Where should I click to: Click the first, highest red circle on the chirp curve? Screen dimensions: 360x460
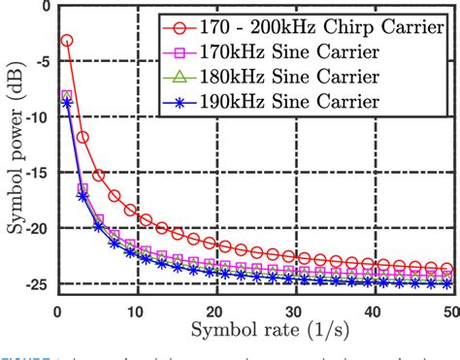(67, 41)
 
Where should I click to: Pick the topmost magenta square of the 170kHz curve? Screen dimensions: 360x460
(67, 95)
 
